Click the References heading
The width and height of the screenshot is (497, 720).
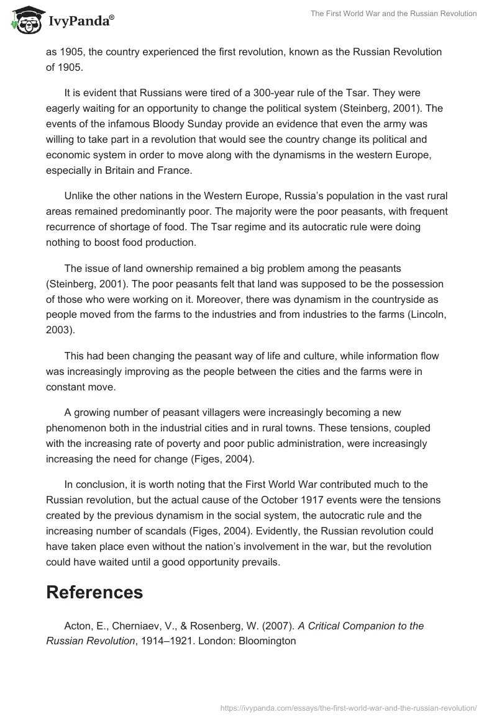[x=94, y=592]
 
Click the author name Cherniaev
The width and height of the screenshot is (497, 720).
[x=135, y=626]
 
